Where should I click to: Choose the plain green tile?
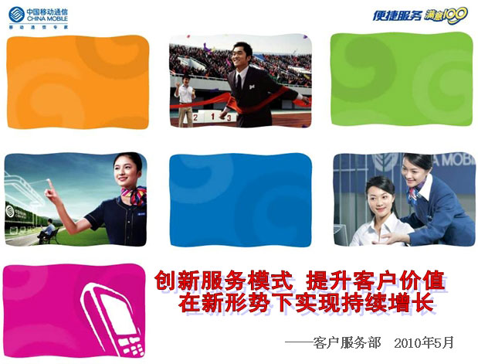(x=397, y=80)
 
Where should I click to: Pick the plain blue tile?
(x=239, y=198)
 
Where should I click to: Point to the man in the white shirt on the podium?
(x=185, y=97)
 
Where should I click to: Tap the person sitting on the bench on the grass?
(x=49, y=228)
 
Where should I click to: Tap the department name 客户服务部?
(x=347, y=342)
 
